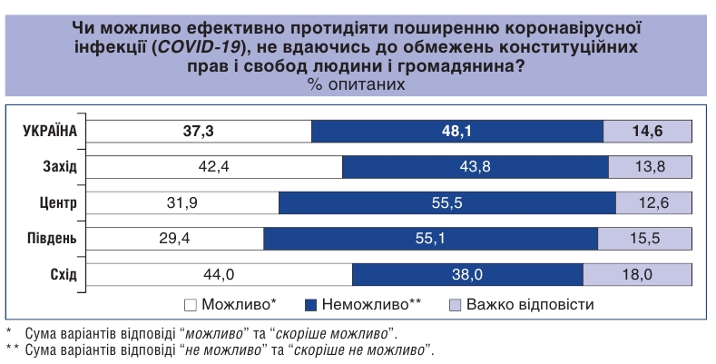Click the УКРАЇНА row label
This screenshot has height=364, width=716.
click(50, 131)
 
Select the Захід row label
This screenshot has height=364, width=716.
click(60, 167)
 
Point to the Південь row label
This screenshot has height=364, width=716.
click(53, 239)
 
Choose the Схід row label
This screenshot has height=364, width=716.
click(63, 274)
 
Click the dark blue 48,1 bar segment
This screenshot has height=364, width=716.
click(456, 131)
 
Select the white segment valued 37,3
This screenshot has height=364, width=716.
click(199, 131)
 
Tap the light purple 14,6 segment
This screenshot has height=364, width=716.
click(647, 131)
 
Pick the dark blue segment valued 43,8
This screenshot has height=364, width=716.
click(476, 167)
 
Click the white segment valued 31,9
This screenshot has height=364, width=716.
click(183, 202)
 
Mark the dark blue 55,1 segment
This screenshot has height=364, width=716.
click(431, 239)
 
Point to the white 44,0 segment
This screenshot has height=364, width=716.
click(220, 274)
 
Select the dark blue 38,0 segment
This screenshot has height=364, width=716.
click(467, 274)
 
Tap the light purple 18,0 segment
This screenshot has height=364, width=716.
click(637, 274)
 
